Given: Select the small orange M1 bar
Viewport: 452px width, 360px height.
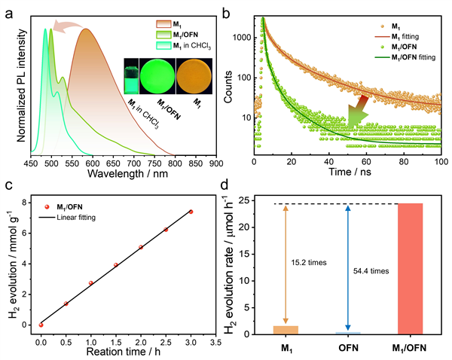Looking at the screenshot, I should tap(286, 329).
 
